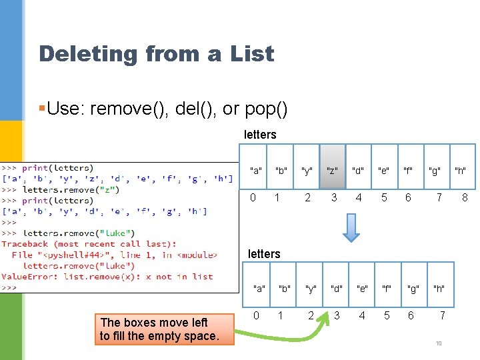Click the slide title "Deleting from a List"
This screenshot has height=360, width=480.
[x=156, y=53]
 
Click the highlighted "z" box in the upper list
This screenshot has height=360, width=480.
[x=333, y=171]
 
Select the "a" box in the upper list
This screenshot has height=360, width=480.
[x=255, y=171]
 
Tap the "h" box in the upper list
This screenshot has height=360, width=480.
[x=460, y=171]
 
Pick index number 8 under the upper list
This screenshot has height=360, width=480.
[x=465, y=197]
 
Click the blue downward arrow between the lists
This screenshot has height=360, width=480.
[x=351, y=227]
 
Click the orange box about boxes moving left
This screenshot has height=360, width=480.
[x=159, y=329]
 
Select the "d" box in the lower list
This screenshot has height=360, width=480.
[x=337, y=289]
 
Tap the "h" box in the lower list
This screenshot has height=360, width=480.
[x=439, y=289]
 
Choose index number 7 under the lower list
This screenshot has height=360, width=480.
[x=442, y=315]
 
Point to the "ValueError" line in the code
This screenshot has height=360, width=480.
[x=107, y=277]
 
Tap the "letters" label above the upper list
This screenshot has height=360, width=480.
[x=260, y=135]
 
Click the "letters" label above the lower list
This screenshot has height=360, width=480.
[x=264, y=253]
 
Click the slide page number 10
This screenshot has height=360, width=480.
[x=439, y=343]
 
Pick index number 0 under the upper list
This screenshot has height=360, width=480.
[x=253, y=197]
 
